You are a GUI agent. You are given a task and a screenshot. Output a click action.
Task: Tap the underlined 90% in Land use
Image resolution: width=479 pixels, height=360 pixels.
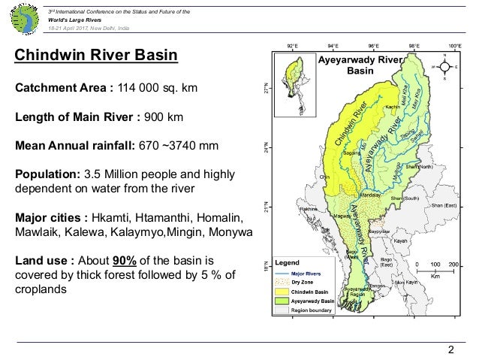125,259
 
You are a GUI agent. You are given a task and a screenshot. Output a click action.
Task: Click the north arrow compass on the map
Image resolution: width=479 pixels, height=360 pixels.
444,66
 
